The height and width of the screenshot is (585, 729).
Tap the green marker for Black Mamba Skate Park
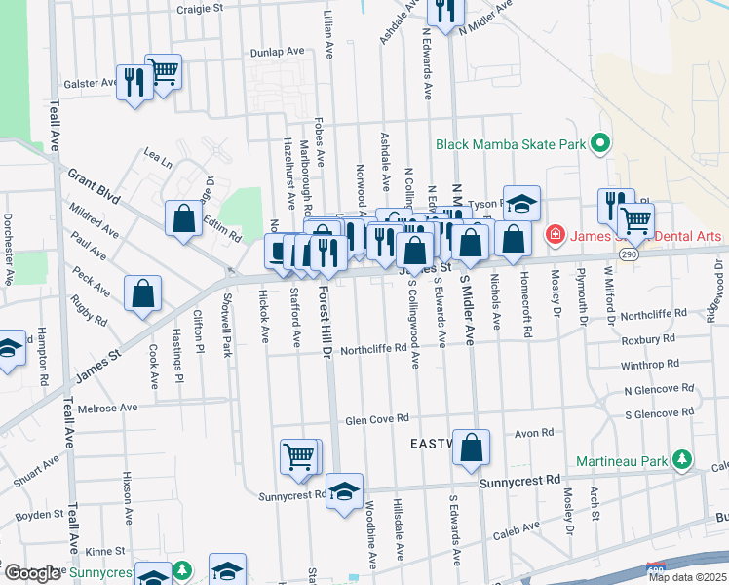tap(600, 144)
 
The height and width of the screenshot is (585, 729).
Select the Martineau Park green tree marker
tap(684, 458)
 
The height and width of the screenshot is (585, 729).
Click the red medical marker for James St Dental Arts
tap(554, 234)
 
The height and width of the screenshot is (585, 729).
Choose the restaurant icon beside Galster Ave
tap(132, 81)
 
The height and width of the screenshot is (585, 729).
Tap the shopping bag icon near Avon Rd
tap(471, 448)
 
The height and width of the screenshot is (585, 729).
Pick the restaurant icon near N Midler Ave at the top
tap(445, 12)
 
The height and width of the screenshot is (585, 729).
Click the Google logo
tap(32, 573)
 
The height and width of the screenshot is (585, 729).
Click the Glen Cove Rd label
tap(375, 420)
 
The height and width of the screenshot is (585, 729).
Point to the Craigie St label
tap(199, 8)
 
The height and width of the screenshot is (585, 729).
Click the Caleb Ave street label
tap(517, 527)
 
